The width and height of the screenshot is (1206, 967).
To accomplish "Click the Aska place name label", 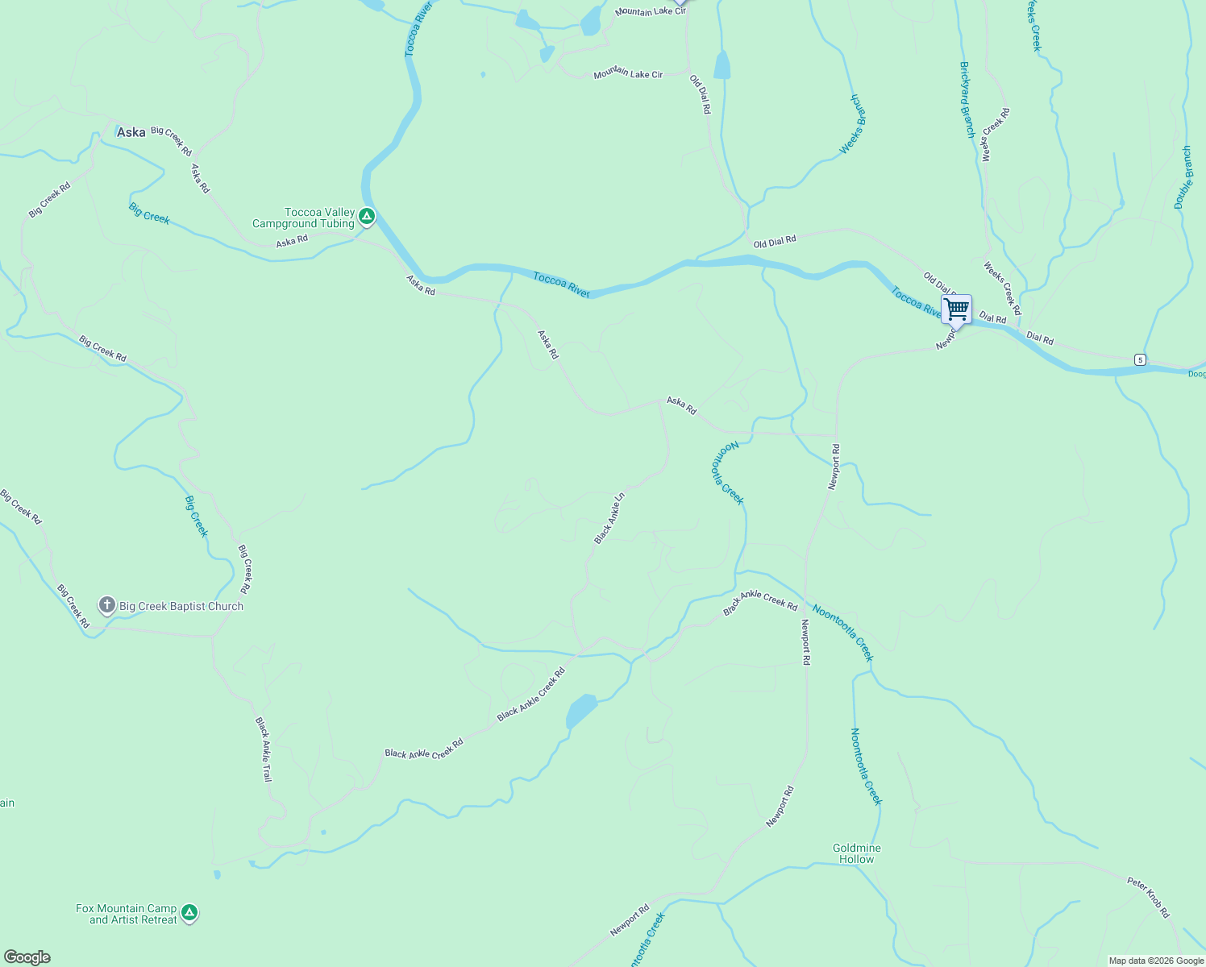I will click(131, 132).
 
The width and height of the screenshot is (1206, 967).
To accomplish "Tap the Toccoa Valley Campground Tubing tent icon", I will click(367, 216).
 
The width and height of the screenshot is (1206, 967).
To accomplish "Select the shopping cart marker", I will click(956, 309).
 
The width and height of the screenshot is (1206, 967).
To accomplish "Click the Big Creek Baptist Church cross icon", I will click(106, 605).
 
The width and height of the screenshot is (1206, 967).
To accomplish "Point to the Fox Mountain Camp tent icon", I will click(189, 912).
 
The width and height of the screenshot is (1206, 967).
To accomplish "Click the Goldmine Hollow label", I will click(856, 853).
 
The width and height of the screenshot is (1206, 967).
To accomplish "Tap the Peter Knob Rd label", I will click(1148, 897).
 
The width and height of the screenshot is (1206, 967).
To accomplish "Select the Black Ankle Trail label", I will click(264, 749).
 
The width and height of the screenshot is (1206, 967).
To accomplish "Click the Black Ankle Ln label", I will click(609, 518).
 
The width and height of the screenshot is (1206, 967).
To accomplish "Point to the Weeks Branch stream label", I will click(852, 124).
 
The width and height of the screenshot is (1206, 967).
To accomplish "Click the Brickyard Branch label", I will click(967, 100).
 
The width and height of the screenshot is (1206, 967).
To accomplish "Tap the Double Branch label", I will click(1183, 177).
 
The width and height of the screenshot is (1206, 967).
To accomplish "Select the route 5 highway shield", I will click(1139, 359).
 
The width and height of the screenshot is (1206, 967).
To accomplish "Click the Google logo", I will click(27, 957).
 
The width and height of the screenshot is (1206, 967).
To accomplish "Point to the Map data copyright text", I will click(1156, 961).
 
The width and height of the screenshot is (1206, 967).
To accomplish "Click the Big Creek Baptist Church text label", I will click(181, 606).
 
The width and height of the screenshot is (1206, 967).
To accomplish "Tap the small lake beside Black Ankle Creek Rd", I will click(581, 710).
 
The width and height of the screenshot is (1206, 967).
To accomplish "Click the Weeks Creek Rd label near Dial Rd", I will click(1002, 288).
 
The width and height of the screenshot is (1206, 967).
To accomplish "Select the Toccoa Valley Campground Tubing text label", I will click(304, 218).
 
